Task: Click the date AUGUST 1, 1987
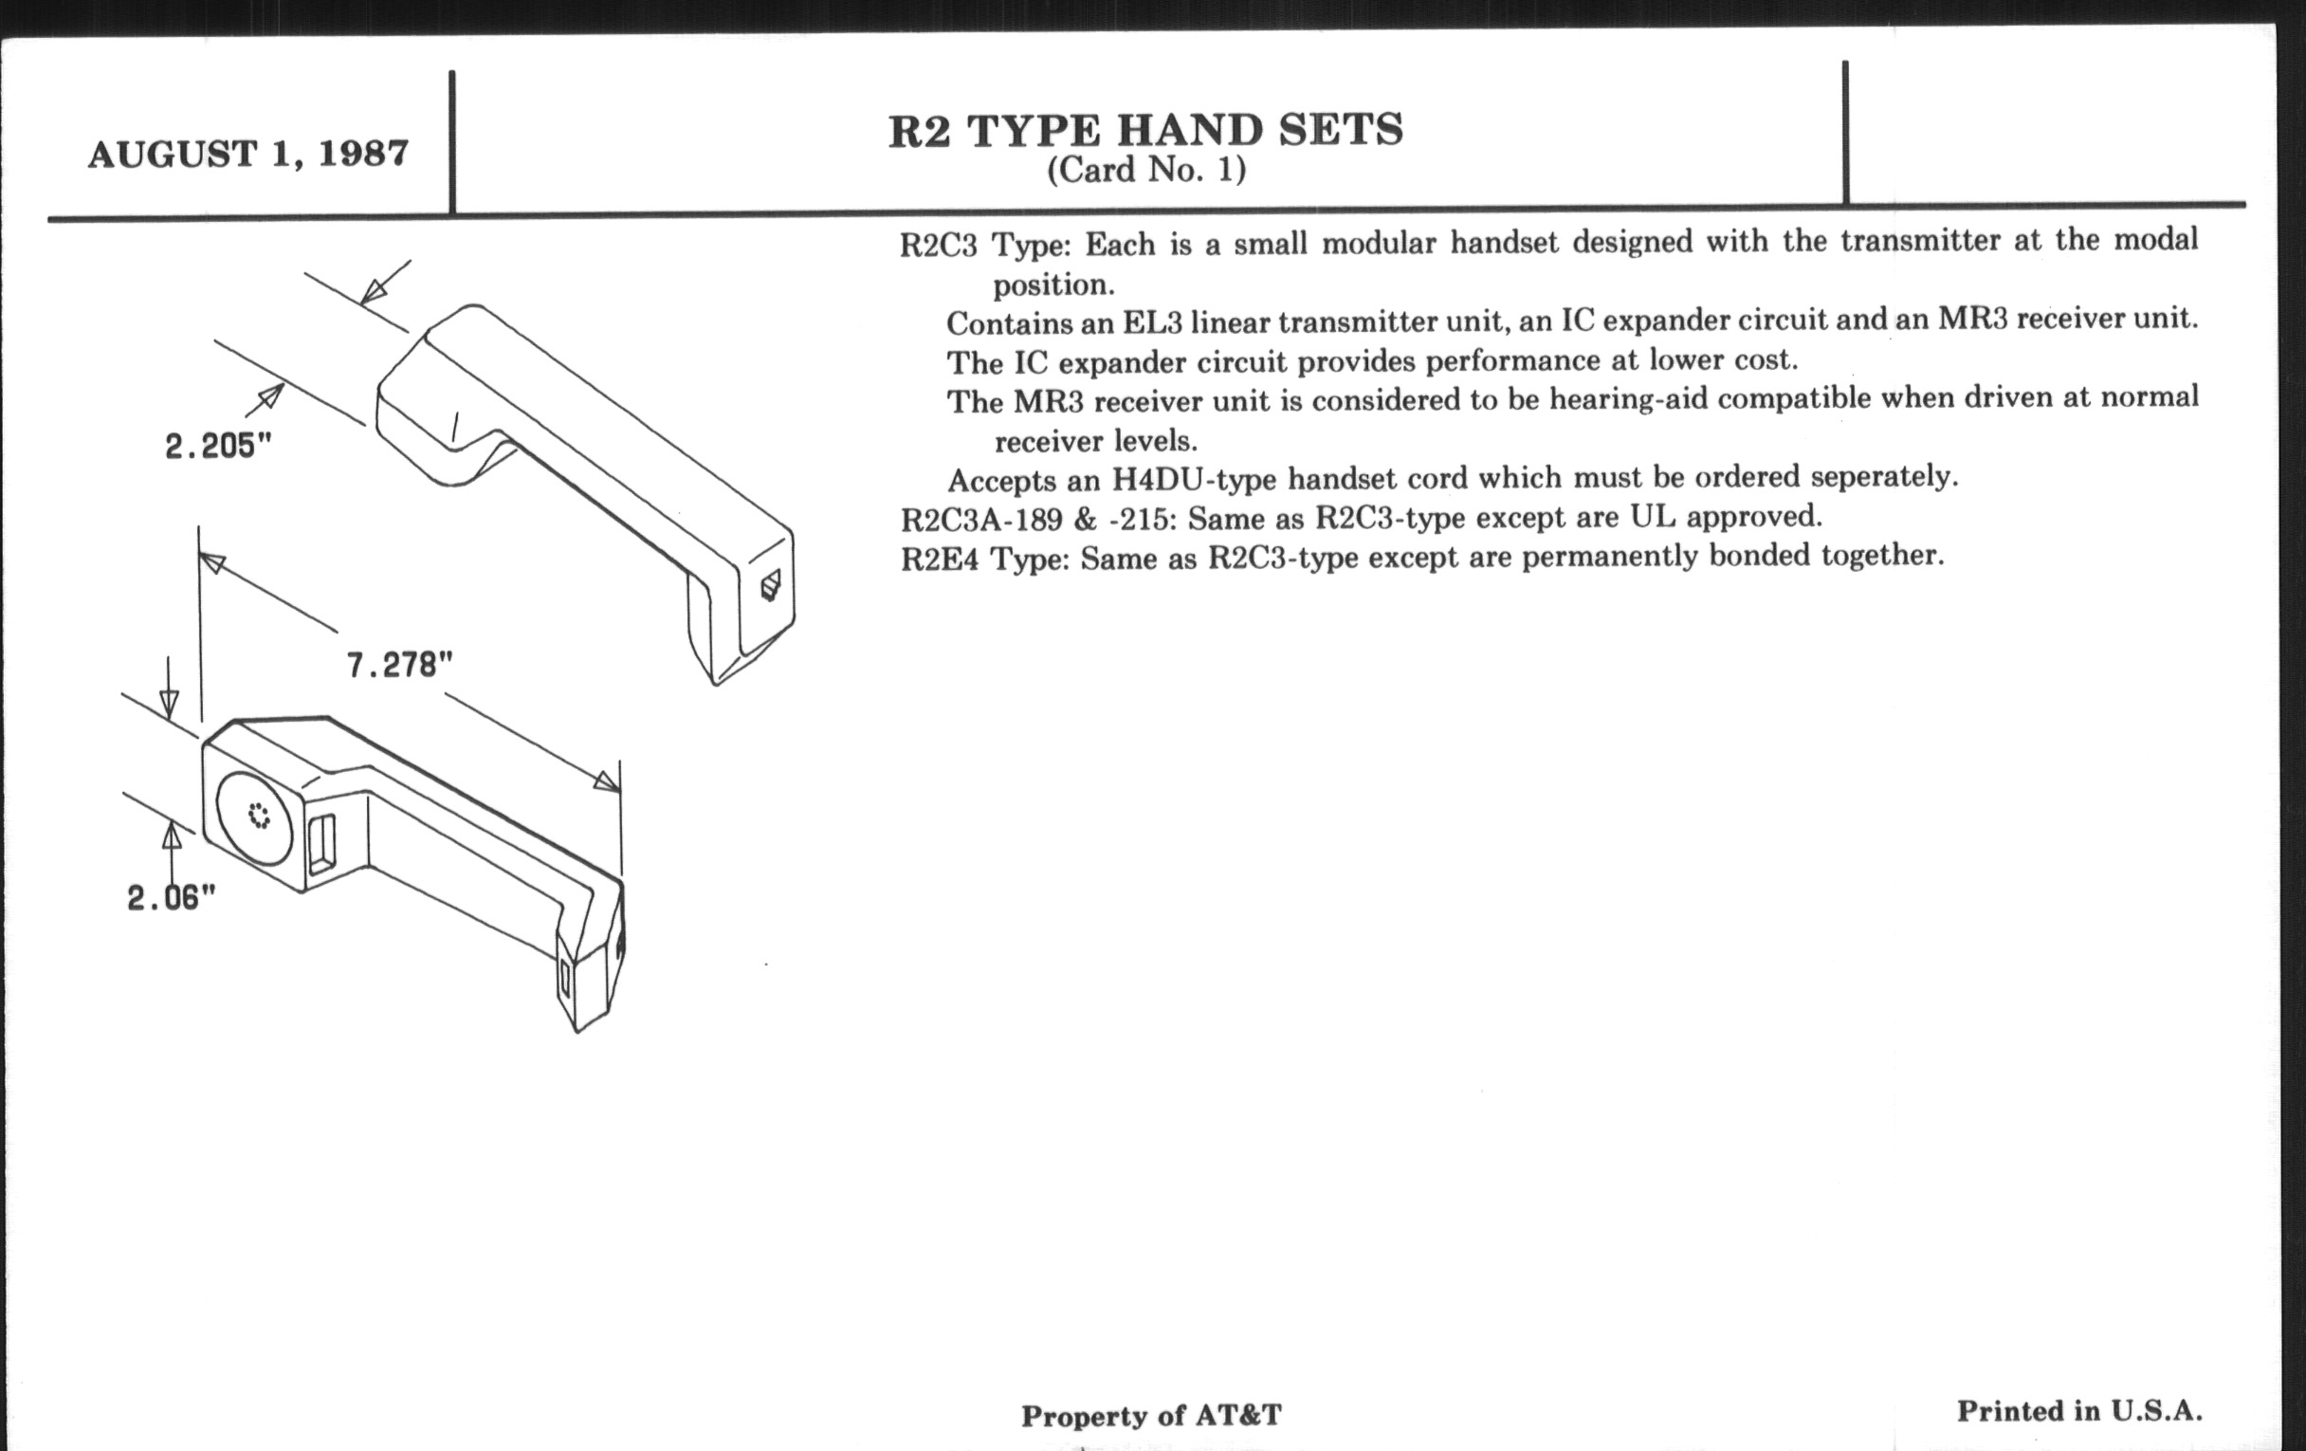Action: coord(248,155)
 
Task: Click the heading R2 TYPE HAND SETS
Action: coord(1145,131)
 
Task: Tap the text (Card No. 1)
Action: coord(1145,171)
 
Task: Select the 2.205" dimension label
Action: coord(218,446)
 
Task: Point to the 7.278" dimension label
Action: coord(399,664)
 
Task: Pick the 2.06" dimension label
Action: coord(172,897)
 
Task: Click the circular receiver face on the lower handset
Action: coord(257,817)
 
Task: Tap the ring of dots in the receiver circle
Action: coord(259,816)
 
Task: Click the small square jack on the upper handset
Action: coord(770,584)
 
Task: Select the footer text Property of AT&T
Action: coord(1151,1416)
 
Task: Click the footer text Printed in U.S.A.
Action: coord(2079,1411)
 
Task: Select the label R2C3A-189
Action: coord(981,520)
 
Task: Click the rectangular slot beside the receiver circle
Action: coord(321,843)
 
